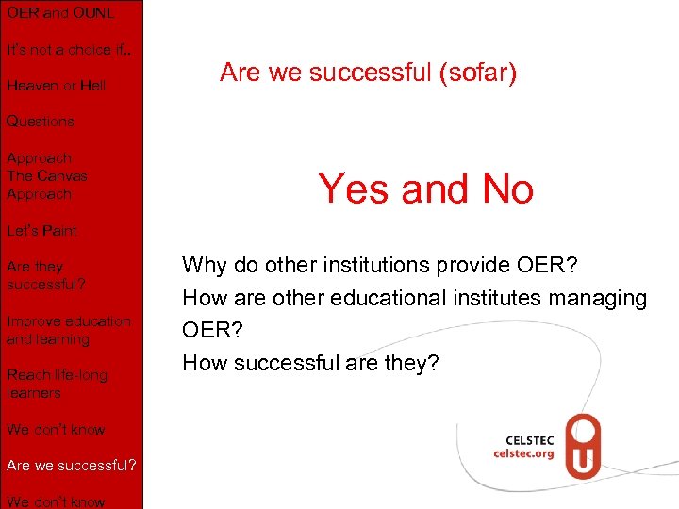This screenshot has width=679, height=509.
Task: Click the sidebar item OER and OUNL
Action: [x=60, y=13]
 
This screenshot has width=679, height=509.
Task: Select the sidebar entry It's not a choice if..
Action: [x=68, y=49]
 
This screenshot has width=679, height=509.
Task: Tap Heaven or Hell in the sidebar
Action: [x=56, y=86]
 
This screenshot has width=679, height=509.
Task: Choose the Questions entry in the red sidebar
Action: [x=40, y=122]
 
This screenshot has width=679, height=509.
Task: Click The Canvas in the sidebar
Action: [x=46, y=176]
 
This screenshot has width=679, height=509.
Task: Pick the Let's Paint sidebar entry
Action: [x=41, y=230]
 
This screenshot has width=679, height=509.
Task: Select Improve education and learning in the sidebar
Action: [x=68, y=330]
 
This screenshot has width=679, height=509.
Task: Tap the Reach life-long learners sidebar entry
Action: [x=57, y=384]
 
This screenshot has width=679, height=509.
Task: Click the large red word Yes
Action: [x=353, y=189]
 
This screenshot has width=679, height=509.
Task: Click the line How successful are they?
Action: [x=311, y=362]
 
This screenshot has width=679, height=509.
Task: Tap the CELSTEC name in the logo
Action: [x=530, y=438]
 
